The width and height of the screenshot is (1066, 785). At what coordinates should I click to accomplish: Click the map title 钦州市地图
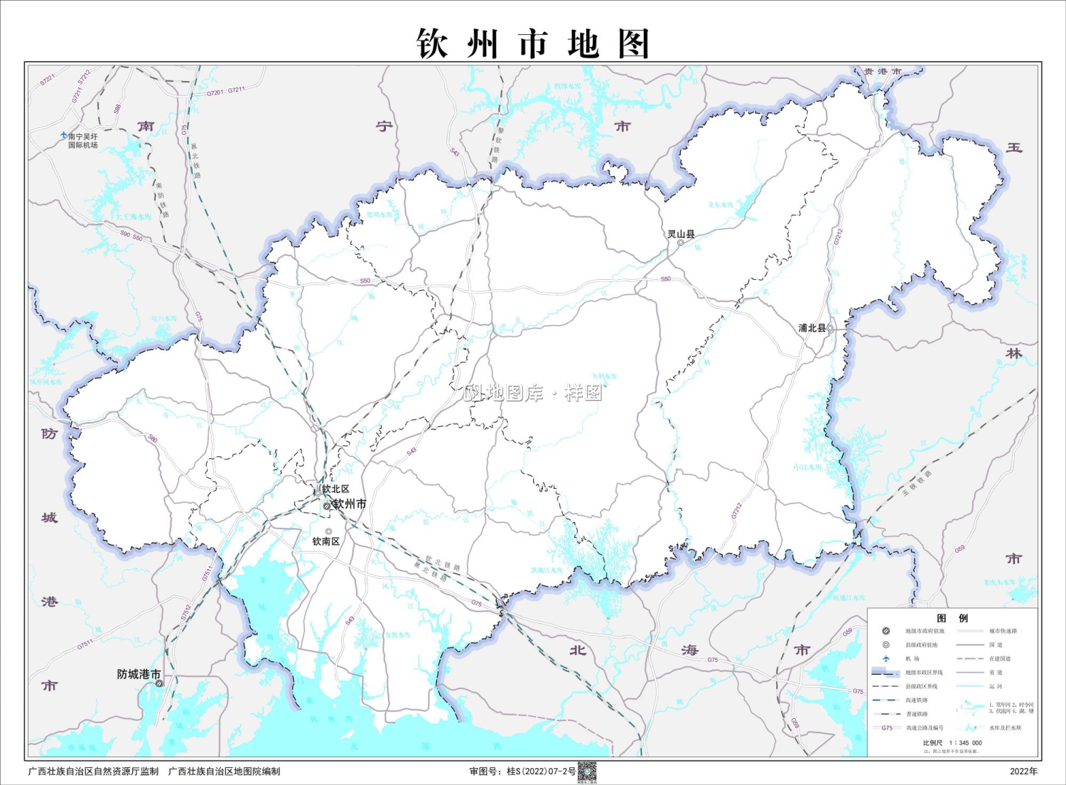(x=533, y=44)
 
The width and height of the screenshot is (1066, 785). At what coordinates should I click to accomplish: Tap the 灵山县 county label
(x=681, y=234)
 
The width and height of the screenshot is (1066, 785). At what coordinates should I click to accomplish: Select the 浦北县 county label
(x=812, y=328)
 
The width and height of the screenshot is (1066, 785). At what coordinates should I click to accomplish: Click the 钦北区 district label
(x=335, y=489)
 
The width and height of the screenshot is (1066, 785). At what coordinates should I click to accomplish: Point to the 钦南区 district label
(x=326, y=541)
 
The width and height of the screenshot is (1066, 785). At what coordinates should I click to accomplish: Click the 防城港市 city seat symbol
(x=160, y=683)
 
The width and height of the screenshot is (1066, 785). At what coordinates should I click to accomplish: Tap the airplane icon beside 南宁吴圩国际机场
(x=64, y=135)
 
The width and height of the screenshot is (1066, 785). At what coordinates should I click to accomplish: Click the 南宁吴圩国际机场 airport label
(x=83, y=141)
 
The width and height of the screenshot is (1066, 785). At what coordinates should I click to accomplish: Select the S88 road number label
(x=117, y=109)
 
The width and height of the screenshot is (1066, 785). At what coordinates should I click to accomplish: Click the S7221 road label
(x=47, y=80)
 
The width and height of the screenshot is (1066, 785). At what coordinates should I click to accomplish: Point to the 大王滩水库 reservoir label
(x=134, y=217)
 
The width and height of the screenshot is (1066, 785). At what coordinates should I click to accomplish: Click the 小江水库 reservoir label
(x=808, y=467)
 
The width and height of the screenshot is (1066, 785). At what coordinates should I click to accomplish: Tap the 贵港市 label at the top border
(x=882, y=72)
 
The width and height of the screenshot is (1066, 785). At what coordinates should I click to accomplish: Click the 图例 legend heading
(x=952, y=618)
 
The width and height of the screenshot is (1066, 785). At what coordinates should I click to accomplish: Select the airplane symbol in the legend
(x=886, y=659)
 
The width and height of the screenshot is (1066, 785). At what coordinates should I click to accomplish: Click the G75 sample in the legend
(x=887, y=727)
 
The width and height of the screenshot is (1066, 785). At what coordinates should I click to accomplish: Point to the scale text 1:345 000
(x=965, y=742)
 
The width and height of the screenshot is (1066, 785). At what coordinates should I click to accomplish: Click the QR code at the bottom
(x=586, y=771)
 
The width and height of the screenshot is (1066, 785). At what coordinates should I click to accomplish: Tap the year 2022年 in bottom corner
(x=1023, y=772)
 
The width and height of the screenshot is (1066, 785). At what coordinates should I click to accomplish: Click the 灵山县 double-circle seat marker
(x=680, y=243)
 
